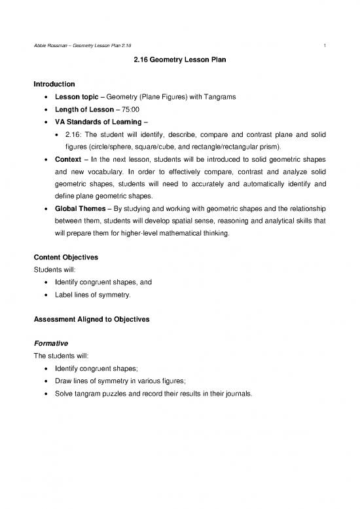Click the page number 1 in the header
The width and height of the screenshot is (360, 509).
tap(325, 44)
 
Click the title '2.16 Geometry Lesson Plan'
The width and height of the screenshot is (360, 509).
tap(179, 63)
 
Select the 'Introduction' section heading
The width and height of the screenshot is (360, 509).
tap(54, 84)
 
